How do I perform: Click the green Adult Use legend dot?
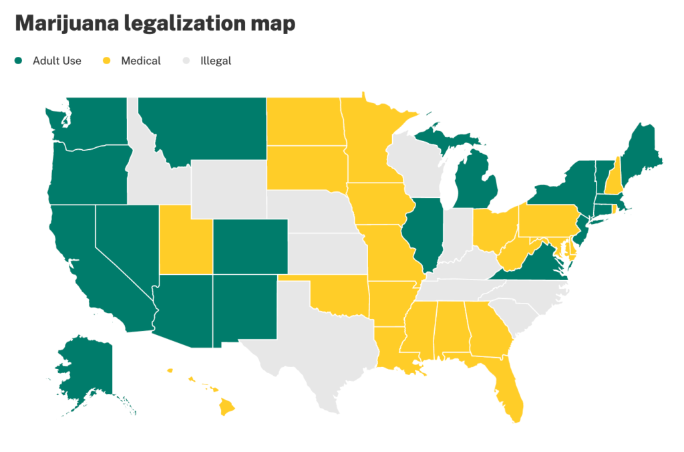[19, 61]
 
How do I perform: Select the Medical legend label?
[140, 61]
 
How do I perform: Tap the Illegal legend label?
[215, 61]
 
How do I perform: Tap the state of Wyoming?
[228, 188]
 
